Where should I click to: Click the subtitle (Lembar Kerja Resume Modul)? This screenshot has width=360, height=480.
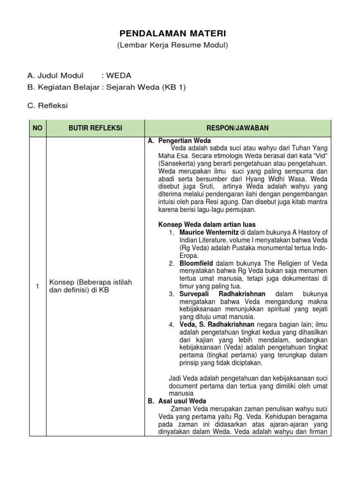(x=172, y=45)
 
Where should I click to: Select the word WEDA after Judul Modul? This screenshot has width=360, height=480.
(x=119, y=75)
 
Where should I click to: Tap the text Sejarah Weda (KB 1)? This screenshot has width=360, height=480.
(x=146, y=87)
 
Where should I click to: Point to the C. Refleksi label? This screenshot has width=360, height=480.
(x=48, y=105)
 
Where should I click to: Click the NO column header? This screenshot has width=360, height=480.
(x=37, y=128)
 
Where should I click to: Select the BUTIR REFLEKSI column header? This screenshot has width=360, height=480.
(x=95, y=128)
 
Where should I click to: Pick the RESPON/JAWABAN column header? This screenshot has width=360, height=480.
(x=238, y=128)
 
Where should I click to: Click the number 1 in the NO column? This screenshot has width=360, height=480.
(x=37, y=287)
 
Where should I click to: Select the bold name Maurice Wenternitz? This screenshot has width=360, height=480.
(x=209, y=232)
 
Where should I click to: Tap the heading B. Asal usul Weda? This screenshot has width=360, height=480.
(x=177, y=401)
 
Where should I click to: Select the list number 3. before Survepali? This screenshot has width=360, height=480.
(x=172, y=294)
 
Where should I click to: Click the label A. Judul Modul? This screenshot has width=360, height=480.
(x=55, y=75)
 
